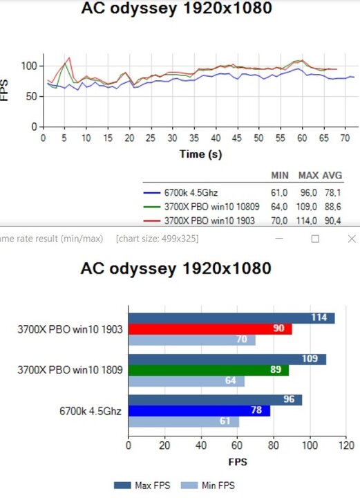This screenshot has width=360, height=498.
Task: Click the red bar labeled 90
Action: (210, 329)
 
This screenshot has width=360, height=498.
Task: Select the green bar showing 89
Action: (209, 370)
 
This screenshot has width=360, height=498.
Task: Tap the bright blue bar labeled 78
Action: (200, 411)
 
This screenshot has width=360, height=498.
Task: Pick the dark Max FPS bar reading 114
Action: (231, 318)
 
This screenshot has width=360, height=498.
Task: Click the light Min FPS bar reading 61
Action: (184, 422)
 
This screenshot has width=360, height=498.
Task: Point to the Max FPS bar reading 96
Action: (216, 400)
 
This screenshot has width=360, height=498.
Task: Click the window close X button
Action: (352, 239)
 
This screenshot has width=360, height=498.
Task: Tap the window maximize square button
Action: (315, 239)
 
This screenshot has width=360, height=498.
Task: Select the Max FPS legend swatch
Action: (122, 486)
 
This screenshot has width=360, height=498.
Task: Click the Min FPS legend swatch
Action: (189, 486)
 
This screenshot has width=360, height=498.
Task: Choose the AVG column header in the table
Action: (332, 176)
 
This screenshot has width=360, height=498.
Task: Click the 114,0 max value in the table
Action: (306, 221)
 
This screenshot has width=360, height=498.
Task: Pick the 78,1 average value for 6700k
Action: (333, 193)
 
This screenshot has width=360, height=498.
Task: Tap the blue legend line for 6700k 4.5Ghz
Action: (151, 193)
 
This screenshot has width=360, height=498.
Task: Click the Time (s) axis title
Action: (201, 154)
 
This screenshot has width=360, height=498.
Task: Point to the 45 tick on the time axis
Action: (237, 138)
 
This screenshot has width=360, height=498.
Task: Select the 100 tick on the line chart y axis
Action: (29, 66)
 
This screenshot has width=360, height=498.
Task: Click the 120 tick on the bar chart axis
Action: (346, 445)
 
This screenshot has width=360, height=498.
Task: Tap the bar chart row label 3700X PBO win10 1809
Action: (70, 370)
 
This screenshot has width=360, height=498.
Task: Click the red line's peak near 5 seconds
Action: (69, 57)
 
